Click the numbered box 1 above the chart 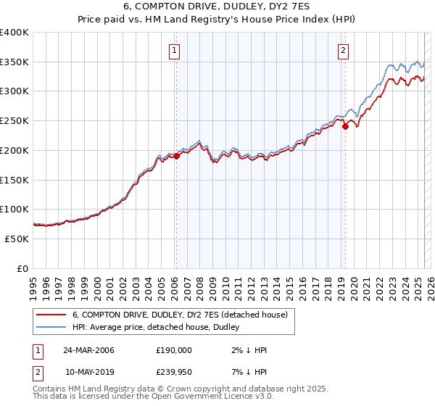(175, 51)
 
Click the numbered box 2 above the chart (342, 51)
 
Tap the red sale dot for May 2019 (345, 127)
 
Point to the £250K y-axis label (14, 120)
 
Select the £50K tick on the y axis (17, 239)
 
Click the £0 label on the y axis (22, 268)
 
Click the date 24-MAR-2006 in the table (88, 350)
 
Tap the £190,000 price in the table (174, 350)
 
